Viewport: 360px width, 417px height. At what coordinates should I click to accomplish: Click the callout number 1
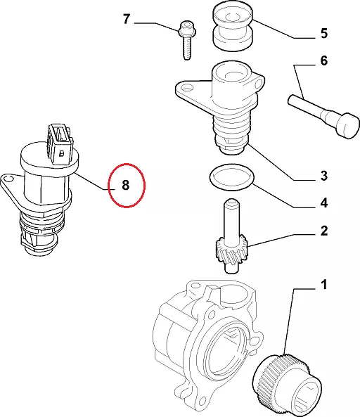[x=324, y=285]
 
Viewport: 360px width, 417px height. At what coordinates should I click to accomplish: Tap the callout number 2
[x=324, y=231]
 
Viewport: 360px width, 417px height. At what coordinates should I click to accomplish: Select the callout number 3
[x=324, y=176]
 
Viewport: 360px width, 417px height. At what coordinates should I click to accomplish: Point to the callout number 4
[x=324, y=203]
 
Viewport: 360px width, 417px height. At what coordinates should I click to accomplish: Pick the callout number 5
[x=324, y=34]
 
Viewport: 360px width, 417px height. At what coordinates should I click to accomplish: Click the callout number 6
[x=324, y=60]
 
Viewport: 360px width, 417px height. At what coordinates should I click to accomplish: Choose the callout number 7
[x=127, y=19]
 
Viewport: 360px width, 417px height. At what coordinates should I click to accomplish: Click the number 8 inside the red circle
[x=125, y=185]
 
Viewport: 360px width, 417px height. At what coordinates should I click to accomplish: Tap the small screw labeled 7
[x=187, y=40]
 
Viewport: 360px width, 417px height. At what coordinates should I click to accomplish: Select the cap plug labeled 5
[x=233, y=26]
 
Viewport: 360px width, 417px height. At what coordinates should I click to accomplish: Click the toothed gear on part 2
[x=231, y=251]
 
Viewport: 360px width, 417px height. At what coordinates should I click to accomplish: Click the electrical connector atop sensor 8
[x=60, y=144]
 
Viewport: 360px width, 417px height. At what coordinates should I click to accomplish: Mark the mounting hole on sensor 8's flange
[x=8, y=178]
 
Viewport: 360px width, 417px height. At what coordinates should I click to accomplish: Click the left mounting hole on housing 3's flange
[x=188, y=87]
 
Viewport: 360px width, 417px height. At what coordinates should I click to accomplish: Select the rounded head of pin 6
[x=347, y=126]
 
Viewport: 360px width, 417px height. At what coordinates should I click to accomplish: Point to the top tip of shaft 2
[x=231, y=200]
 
